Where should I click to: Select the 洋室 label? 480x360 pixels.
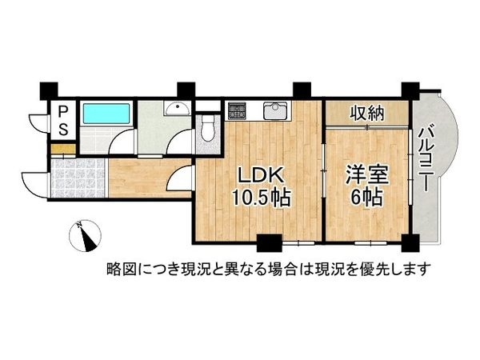tap(363, 175)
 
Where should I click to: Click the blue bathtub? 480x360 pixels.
tap(106, 113)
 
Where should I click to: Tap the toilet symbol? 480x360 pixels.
tap(207, 129)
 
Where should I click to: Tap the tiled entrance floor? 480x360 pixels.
tap(78, 178)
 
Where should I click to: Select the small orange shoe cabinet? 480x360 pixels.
tap(62, 150)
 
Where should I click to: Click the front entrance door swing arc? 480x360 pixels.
tap(34, 182)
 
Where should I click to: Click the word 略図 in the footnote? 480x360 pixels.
tap(118, 269)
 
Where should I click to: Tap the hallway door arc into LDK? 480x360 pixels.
tap(179, 178)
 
